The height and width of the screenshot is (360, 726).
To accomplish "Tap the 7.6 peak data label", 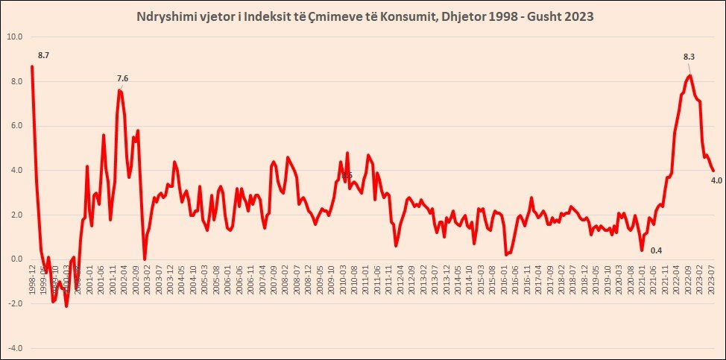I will click(x=123, y=78).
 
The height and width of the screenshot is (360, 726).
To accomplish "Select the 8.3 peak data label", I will click(x=689, y=57).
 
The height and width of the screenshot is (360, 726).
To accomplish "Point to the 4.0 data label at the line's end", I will click(x=716, y=180).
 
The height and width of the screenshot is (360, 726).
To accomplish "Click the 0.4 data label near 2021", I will click(x=656, y=250).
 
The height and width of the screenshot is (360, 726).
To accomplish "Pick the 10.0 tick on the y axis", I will click(x=15, y=37).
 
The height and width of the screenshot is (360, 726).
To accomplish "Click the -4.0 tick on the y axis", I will click(x=15, y=348).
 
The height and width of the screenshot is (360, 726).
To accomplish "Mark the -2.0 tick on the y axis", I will click(x=15, y=304).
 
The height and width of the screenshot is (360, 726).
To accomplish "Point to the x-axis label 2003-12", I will click(x=170, y=282).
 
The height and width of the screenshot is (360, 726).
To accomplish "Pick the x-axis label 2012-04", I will click(x=400, y=282).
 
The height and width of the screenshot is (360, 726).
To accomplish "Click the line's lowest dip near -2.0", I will click(x=66, y=306).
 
